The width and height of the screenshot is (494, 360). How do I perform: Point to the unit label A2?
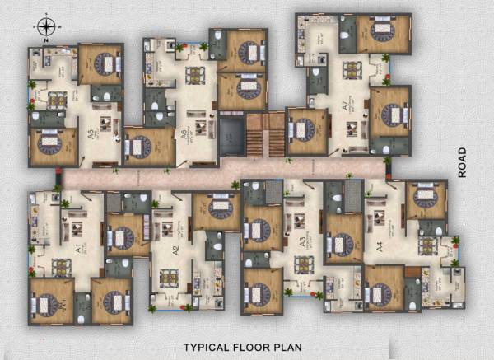[x=175, y=247]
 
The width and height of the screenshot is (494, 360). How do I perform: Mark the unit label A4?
[x=380, y=245]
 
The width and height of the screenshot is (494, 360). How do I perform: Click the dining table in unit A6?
[x=196, y=76]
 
